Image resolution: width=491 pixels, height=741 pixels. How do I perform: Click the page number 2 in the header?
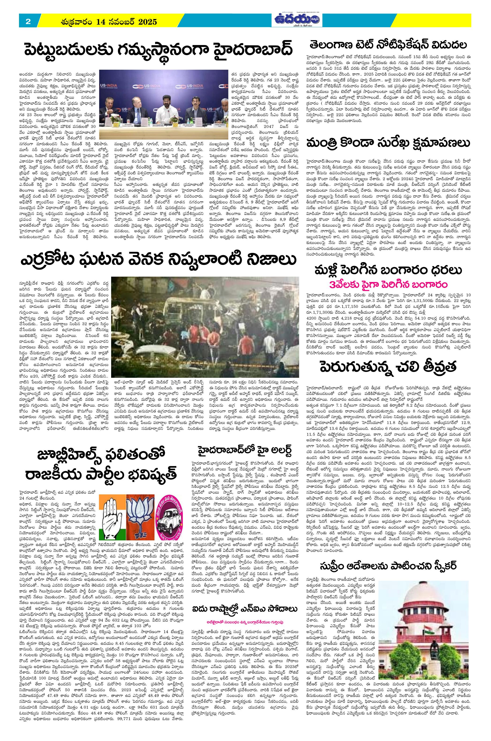coord(28,22)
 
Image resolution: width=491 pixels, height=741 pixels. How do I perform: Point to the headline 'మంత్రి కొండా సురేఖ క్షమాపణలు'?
coord(389,144)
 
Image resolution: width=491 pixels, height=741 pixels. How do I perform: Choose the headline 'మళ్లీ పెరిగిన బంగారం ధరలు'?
coord(389,270)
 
